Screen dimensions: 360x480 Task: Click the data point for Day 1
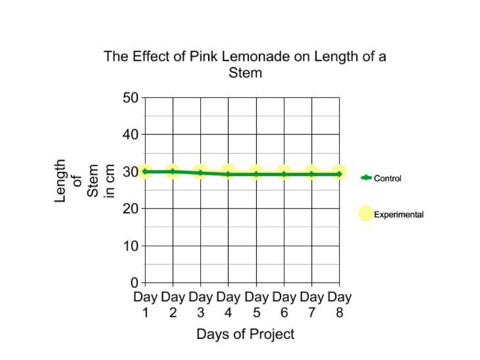(145, 172)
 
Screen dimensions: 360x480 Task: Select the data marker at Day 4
(228, 174)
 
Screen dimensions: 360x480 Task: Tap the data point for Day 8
(339, 174)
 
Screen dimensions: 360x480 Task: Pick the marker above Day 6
(284, 174)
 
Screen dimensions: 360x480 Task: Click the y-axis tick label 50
(131, 98)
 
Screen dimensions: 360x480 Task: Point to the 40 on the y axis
(131, 135)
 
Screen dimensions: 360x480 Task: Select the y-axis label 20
(131, 209)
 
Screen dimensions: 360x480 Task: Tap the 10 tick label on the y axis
(131, 246)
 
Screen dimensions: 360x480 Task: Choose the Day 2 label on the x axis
(173, 305)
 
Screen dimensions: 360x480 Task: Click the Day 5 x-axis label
(256, 305)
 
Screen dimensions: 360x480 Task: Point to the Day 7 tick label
(312, 305)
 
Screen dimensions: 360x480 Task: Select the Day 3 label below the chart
(201, 305)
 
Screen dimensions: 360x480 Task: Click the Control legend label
(387, 178)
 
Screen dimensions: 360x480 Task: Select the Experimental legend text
(398, 215)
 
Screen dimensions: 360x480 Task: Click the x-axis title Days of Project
(245, 334)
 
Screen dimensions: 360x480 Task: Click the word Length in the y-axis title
(60, 181)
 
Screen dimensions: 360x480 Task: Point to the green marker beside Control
(366, 178)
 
